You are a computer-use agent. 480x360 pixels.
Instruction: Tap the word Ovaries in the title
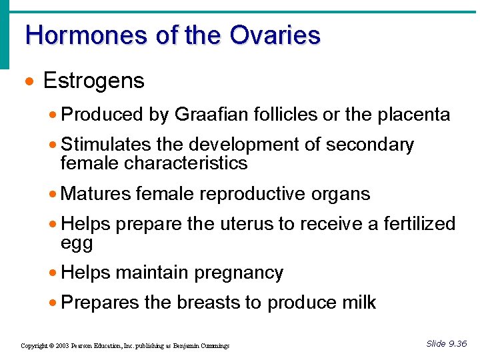[x=275, y=35]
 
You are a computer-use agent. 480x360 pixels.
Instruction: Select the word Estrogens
[x=93, y=81]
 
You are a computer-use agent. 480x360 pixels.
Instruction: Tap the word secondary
[x=373, y=145]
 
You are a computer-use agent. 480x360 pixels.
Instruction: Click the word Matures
[x=96, y=194]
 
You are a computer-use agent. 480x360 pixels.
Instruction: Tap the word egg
[x=77, y=243]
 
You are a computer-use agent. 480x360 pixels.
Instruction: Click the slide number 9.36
[x=456, y=343]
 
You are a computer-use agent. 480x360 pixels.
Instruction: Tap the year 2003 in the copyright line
[x=62, y=346]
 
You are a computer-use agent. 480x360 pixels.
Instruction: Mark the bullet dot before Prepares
[x=53, y=303]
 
